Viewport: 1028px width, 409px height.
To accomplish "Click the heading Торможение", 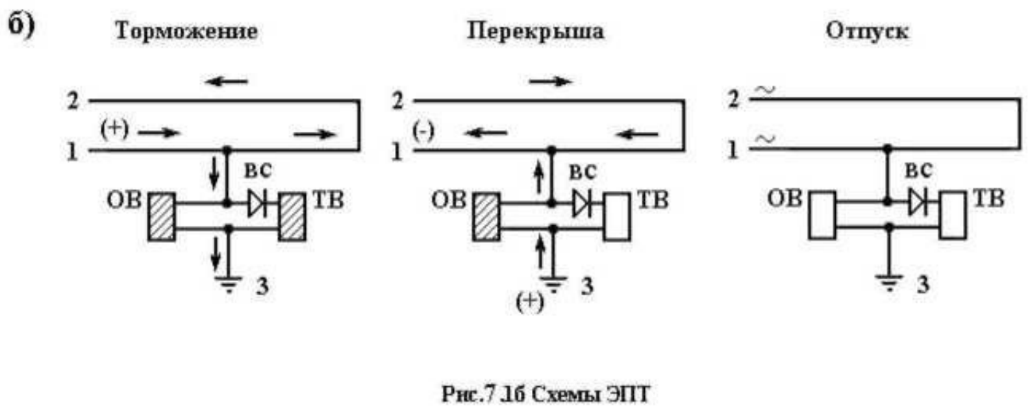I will click(x=186, y=31).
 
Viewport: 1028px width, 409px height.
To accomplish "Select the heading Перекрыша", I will click(x=535, y=31).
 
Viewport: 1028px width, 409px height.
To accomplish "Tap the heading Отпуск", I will click(x=867, y=31).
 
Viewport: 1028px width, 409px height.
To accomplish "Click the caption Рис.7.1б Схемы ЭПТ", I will click(x=545, y=393).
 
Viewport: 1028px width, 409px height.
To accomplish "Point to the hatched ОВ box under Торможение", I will click(x=161, y=217).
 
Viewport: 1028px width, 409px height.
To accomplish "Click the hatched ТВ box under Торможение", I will click(x=292, y=217).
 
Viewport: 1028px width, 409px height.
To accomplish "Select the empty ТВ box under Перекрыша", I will click(x=616, y=217).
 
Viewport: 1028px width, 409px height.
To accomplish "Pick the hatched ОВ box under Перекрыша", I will click(x=486, y=217).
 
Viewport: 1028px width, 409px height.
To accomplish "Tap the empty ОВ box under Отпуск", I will click(x=822, y=215).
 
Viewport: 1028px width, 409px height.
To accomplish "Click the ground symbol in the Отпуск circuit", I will click(x=889, y=283).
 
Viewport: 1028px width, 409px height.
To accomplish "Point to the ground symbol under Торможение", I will click(x=228, y=284).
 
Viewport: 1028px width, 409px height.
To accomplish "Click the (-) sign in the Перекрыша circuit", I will click(x=423, y=130).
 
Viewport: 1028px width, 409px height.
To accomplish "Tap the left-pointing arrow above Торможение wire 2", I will click(x=226, y=82).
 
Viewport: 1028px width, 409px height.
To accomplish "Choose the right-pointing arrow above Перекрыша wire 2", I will click(x=551, y=82).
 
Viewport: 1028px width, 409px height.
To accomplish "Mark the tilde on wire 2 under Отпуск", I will click(x=766, y=91).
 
